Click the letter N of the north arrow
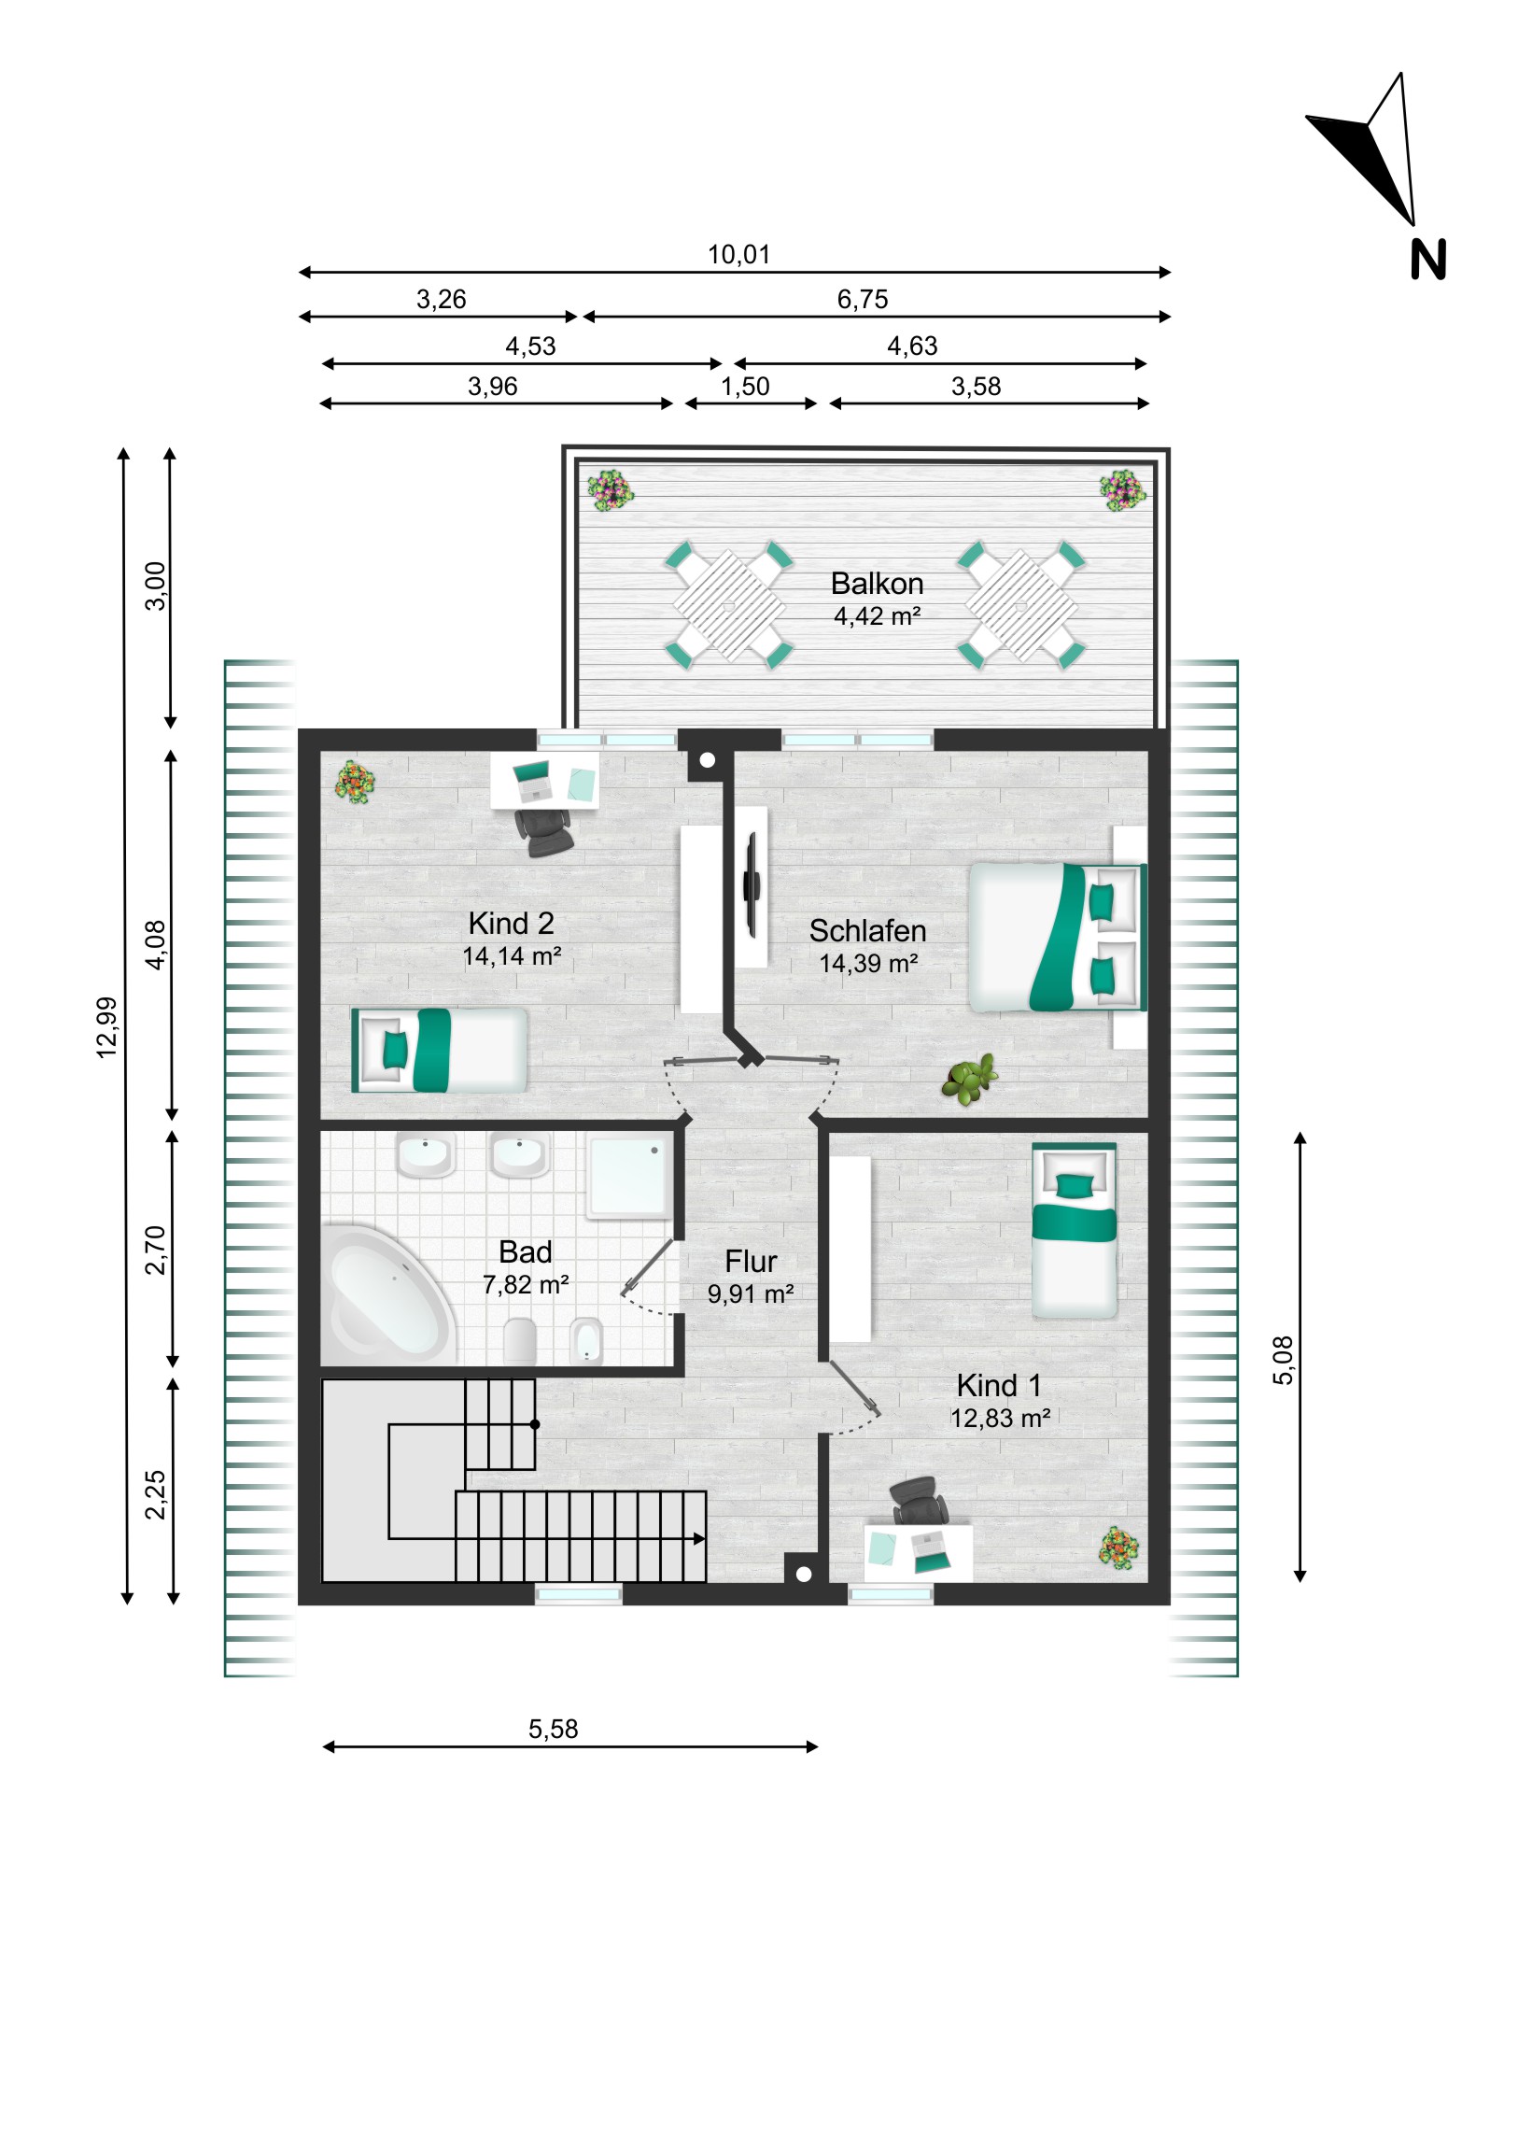click(x=1427, y=259)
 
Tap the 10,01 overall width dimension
click(x=738, y=254)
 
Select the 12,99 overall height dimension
click(x=106, y=1027)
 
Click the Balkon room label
click(x=877, y=584)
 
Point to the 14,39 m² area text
click(x=868, y=964)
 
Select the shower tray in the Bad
click(x=628, y=1177)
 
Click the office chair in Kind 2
click(x=544, y=832)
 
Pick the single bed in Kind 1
click(x=1074, y=1230)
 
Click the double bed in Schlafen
click(x=1058, y=938)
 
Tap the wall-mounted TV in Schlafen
click(x=750, y=885)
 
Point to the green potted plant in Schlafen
click(x=970, y=1079)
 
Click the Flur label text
click(x=750, y=1261)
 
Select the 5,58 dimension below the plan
click(x=553, y=1729)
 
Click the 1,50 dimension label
click(x=744, y=387)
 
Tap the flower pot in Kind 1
click(x=1118, y=1547)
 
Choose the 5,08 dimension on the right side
click(x=1285, y=1361)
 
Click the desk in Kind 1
click(x=918, y=1553)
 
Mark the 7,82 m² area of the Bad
click(x=526, y=1285)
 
